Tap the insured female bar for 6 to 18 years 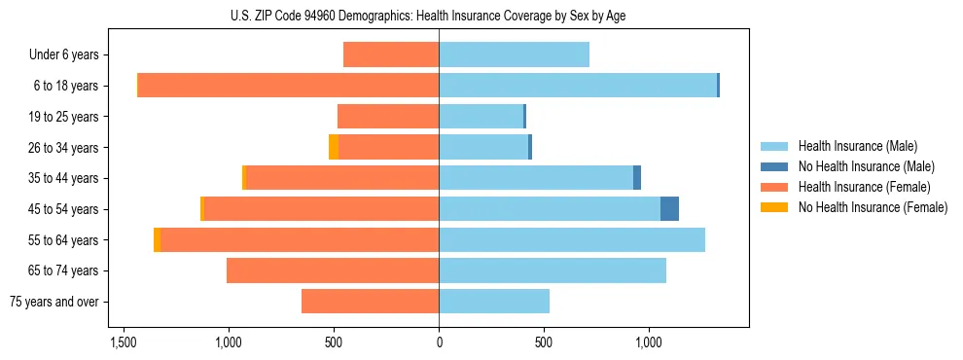tap(288, 86)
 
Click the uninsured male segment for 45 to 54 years tap(669, 209)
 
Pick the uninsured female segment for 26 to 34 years tap(334, 147)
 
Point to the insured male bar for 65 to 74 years tap(552, 270)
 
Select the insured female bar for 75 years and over tap(370, 302)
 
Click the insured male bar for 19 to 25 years tap(481, 117)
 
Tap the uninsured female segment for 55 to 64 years tap(158, 240)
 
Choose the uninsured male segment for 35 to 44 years tap(637, 178)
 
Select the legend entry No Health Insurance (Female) tap(873, 207)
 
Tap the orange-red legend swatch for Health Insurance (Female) tap(774, 187)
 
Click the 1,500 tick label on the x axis tap(124, 343)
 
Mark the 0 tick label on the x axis tap(439, 343)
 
